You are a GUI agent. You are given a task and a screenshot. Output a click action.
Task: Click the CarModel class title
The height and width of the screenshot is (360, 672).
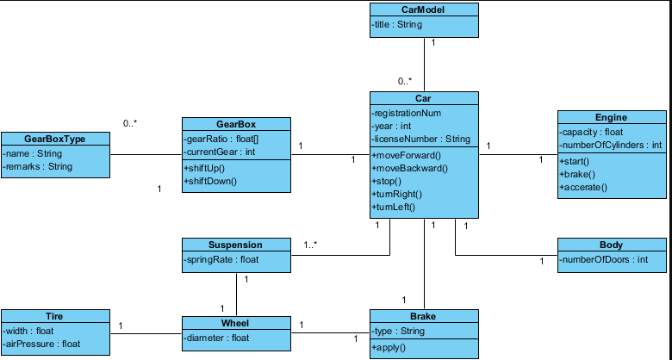(x=423, y=9)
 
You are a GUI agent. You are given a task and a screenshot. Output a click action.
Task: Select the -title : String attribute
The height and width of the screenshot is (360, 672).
(x=397, y=24)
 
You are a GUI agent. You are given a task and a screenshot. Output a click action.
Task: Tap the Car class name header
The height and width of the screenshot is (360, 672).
(x=423, y=98)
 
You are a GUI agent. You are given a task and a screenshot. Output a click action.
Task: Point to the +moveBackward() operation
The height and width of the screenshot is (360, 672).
(x=410, y=169)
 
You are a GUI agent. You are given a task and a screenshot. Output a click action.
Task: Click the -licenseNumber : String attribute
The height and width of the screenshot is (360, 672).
(x=420, y=139)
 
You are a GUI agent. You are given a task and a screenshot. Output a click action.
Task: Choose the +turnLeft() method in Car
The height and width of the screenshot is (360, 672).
(x=394, y=208)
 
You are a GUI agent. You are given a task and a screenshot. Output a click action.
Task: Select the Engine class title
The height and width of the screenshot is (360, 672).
(x=611, y=117)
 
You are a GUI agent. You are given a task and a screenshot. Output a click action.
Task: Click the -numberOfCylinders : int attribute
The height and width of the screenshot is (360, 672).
(x=611, y=146)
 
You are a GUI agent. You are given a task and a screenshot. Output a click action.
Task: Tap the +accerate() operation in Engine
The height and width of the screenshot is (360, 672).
(x=583, y=187)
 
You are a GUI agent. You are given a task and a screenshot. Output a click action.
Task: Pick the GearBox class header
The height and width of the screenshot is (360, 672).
(x=236, y=124)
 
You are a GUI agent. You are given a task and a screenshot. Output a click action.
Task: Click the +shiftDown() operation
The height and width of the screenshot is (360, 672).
(x=210, y=181)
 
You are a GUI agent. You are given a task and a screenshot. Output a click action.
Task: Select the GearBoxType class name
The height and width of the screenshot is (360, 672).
(x=54, y=139)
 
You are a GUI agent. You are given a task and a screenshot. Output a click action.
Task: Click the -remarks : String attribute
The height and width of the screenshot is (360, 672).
(x=37, y=167)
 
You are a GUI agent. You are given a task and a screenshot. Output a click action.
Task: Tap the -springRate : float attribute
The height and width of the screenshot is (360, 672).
(x=221, y=260)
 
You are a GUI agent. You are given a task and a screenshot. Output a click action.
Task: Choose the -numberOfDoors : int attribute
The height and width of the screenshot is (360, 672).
(x=604, y=260)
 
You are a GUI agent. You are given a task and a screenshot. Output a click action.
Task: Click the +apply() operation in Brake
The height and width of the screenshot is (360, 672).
(x=389, y=348)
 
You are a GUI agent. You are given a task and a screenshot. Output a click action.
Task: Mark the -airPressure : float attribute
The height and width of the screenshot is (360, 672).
(x=41, y=344)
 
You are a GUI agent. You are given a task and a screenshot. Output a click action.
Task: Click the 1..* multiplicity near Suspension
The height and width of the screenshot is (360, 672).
(x=310, y=245)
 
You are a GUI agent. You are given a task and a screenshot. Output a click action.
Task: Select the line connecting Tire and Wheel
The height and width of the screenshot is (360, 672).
(x=146, y=334)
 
